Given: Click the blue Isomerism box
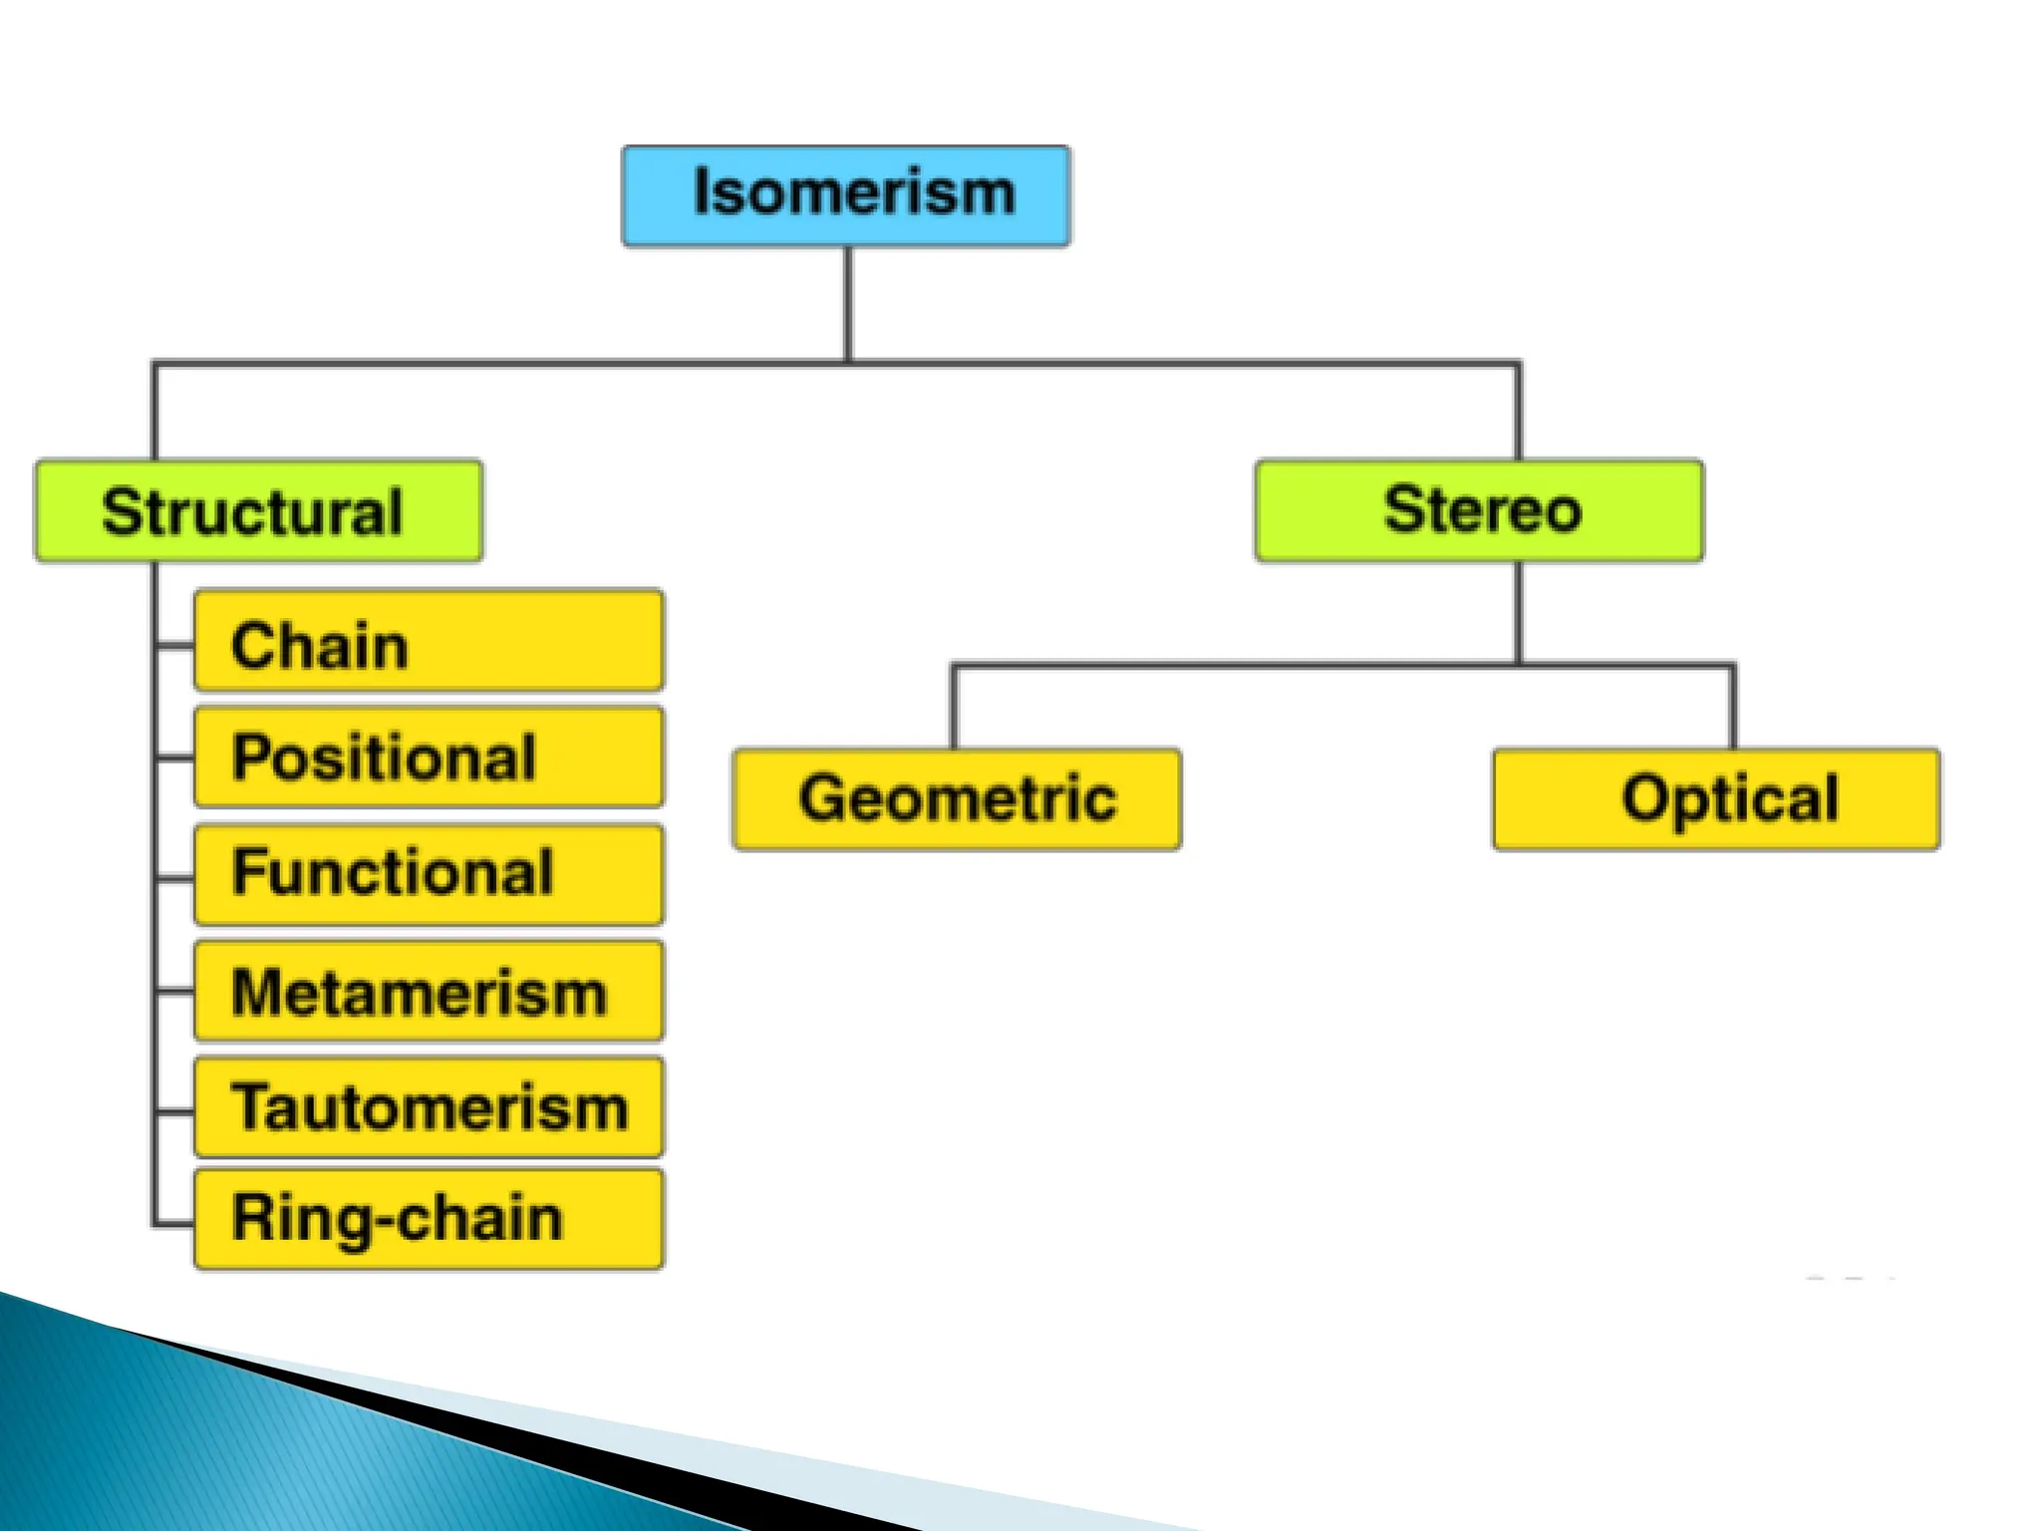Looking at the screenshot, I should [x=846, y=195].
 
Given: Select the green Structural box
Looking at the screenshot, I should [x=259, y=511].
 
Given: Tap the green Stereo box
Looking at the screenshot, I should [x=1479, y=510].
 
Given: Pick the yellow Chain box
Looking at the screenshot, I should [x=429, y=641].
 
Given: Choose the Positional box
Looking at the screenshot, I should [x=429, y=757].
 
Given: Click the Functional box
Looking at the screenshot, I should [x=429, y=874].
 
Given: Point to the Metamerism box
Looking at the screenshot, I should [x=429, y=992].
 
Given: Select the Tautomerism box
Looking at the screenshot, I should [x=429, y=1107].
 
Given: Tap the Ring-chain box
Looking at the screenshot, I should [x=429, y=1220].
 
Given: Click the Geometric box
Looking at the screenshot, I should [x=957, y=799].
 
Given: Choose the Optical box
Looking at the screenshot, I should [x=1716, y=799].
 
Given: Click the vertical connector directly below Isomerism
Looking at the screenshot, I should [x=848, y=304].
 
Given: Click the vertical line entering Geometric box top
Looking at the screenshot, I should [x=954, y=708].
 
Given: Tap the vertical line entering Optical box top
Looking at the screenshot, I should [x=1733, y=708].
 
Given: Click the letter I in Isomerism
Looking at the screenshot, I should [x=701, y=191].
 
